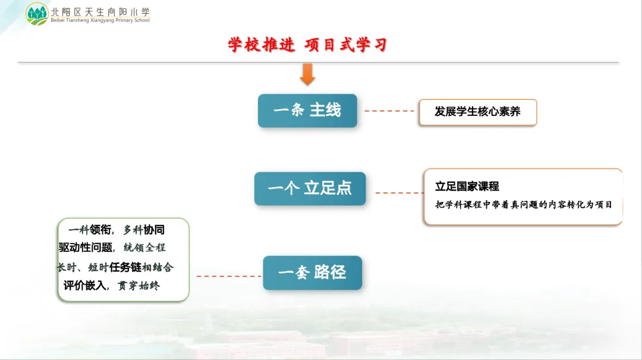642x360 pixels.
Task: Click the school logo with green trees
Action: point(37,14)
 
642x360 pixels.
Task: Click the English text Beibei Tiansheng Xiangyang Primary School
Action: point(100,20)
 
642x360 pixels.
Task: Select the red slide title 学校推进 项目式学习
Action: point(307,45)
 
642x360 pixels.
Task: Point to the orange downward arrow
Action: point(307,74)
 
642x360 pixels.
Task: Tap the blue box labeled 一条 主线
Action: point(307,110)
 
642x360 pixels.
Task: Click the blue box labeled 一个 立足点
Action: point(310,188)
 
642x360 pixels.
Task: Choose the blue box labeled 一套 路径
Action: point(313,273)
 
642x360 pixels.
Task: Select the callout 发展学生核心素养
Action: point(478,112)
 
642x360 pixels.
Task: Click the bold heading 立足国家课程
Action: point(467,187)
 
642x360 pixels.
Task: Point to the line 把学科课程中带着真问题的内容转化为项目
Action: point(524,204)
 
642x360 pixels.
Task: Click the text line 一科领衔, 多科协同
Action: point(117,230)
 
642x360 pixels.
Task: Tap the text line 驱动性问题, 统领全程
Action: point(112,248)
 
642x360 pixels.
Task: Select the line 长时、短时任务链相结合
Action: point(115,267)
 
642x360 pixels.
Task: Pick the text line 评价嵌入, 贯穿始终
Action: point(111,286)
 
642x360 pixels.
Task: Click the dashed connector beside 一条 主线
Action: point(389,111)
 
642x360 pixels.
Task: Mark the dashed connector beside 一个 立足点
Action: point(399,192)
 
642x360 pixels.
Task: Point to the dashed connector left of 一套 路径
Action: point(229,276)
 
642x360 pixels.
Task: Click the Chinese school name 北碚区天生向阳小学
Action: point(100,12)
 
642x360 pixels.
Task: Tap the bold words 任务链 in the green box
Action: point(125,267)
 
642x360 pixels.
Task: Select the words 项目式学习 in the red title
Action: point(346,45)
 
